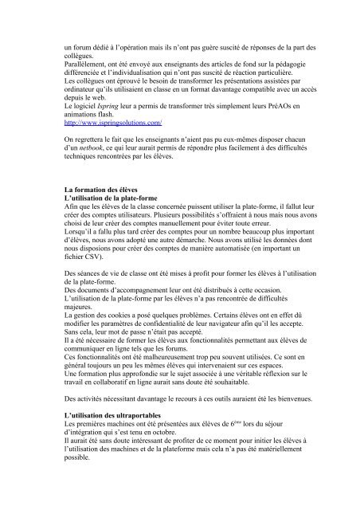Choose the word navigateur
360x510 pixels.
pyautogui.click(x=256, y=347)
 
